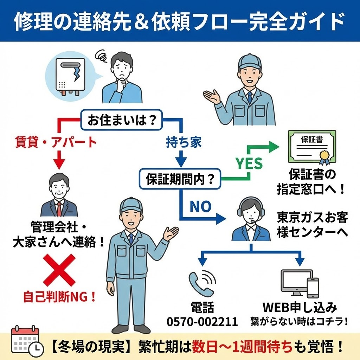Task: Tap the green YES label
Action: [249, 163]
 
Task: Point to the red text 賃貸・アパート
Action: [56, 142]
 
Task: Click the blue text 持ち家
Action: [179, 142]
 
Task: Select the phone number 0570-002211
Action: [202, 322]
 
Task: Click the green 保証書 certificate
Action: [312, 147]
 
